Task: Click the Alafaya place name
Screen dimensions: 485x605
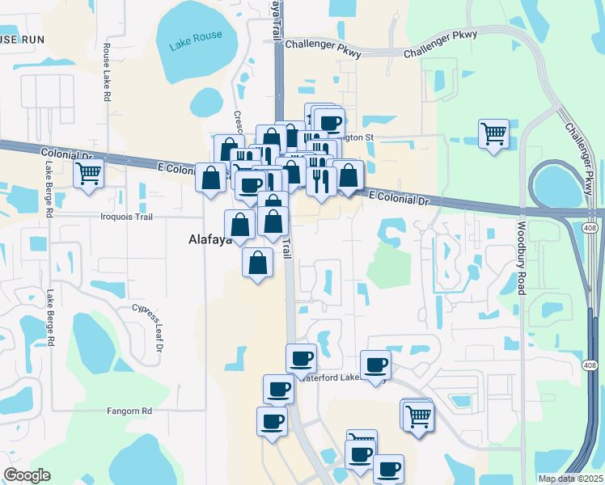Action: click(198, 239)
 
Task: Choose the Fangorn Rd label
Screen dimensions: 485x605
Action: click(129, 411)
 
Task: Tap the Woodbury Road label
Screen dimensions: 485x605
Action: click(522, 259)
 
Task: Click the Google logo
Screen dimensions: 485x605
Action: click(27, 475)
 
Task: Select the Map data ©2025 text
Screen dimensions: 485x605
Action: click(569, 479)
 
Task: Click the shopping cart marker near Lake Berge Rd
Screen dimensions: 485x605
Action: click(88, 172)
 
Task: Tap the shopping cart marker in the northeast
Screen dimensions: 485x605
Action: click(493, 133)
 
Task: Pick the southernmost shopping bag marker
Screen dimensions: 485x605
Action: click(257, 263)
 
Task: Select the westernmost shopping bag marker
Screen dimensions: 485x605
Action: click(210, 178)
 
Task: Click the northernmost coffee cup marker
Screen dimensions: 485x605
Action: click(328, 124)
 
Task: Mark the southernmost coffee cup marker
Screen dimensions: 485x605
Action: click(387, 468)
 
